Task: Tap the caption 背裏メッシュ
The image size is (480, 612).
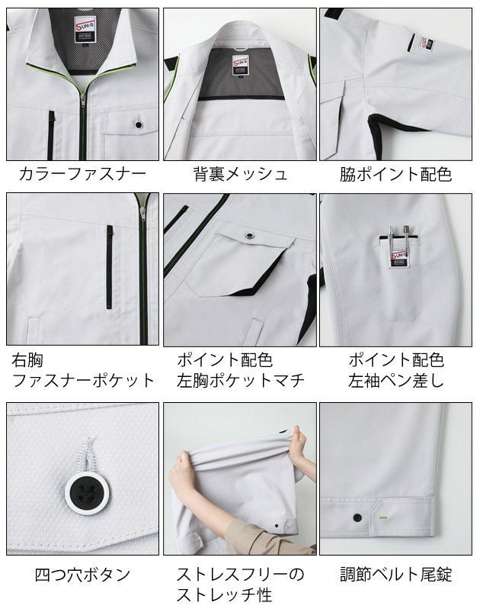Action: tap(240, 174)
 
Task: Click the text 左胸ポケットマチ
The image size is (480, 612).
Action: tap(240, 379)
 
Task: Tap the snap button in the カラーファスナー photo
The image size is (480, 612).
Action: tap(139, 123)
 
